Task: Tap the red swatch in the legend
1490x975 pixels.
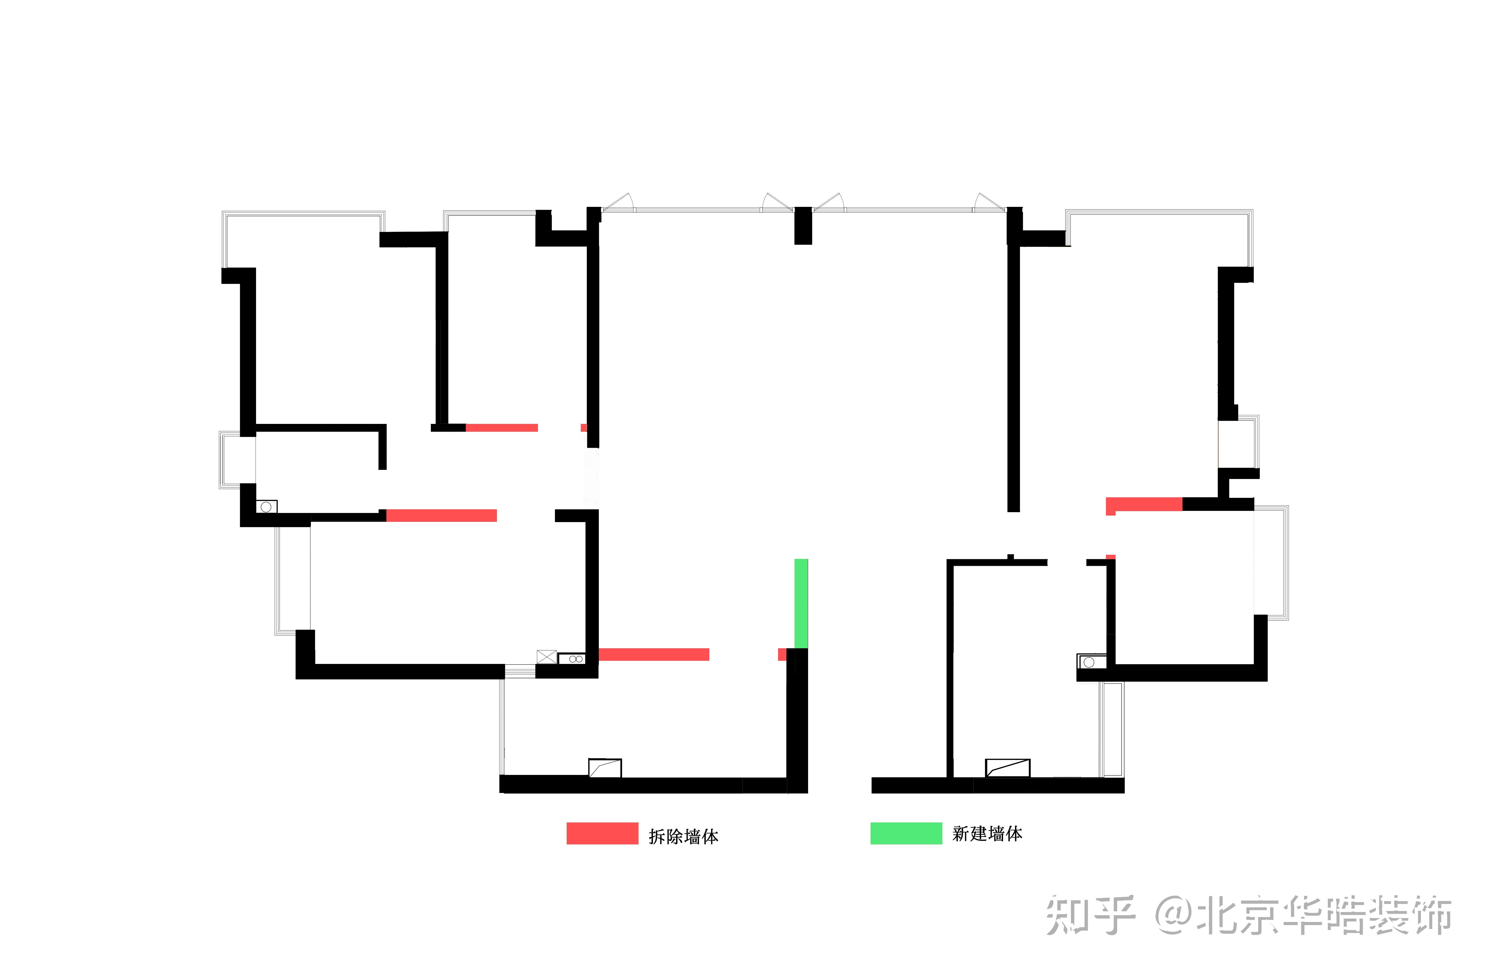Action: [602, 833]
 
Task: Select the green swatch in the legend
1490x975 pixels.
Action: [906, 833]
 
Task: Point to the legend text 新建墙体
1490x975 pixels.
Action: [987, 833]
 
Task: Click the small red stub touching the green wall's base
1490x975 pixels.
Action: [782, 655]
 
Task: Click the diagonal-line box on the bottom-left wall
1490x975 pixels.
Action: [605, 768]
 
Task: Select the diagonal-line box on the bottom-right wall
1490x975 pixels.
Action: [1007, 768]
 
